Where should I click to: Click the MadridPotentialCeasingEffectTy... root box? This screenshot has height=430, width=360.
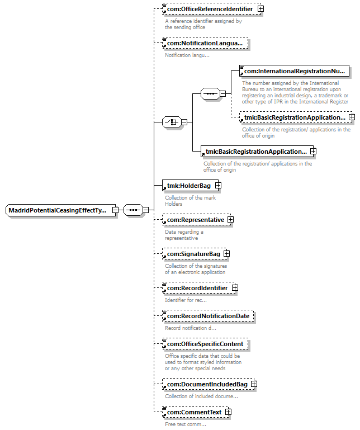[58, 210]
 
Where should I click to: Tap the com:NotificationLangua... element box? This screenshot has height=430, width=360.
[204, 43]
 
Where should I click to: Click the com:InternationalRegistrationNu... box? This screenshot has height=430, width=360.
[294, 71]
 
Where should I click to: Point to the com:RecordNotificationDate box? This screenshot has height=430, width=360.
[207, 316]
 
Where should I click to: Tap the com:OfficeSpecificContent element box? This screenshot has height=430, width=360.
[207, 343]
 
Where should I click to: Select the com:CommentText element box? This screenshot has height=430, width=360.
[192, 412]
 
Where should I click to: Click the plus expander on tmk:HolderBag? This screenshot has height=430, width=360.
[218, 185]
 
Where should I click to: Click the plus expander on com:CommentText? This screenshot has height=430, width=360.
[228, 412]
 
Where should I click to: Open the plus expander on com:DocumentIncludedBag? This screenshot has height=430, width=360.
[254, 384]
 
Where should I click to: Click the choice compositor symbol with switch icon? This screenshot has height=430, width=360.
[170, 122]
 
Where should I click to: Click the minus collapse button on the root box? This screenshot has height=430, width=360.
[115, 210]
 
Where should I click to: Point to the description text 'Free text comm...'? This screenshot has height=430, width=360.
[185, 424]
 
